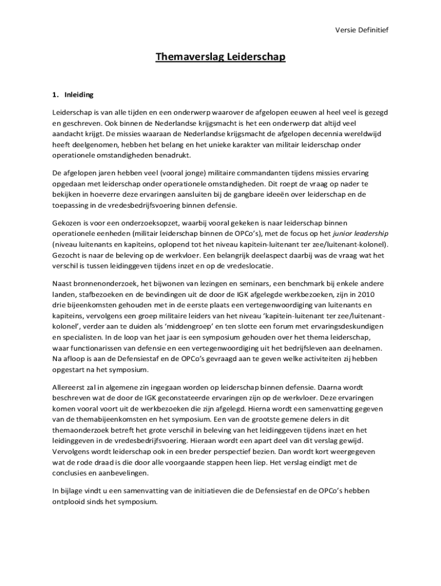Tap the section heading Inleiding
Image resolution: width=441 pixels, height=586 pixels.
79,94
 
